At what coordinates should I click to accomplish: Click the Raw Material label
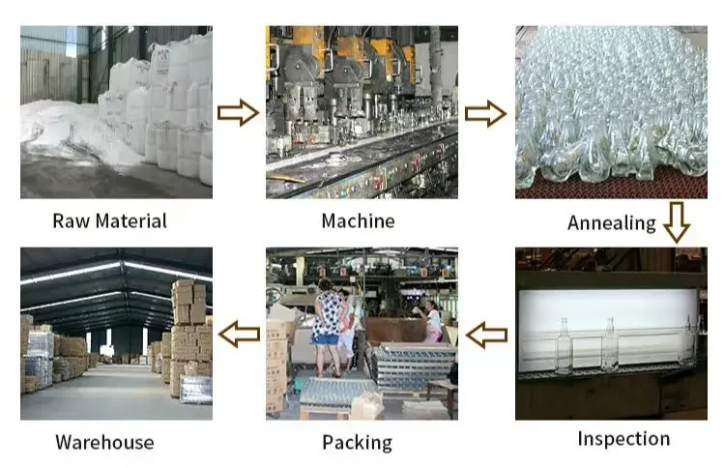109,220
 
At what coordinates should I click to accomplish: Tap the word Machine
358,220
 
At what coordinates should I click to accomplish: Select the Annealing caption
611,223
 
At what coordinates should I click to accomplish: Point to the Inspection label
623,438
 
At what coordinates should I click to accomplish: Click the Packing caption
357,443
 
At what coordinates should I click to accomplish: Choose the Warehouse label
104,443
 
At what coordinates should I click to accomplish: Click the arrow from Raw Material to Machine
238,113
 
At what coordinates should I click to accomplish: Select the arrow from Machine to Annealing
485,113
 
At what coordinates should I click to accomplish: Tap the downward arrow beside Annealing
677,221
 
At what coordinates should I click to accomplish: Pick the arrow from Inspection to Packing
486,336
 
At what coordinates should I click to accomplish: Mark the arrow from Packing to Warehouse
238,336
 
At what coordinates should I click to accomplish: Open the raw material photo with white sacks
116,111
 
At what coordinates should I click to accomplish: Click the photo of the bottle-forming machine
362,111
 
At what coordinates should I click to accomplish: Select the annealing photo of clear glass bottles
611,111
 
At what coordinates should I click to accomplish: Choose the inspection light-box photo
611,334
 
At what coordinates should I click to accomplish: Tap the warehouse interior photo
116,334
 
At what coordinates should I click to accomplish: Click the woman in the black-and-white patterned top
327,319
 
